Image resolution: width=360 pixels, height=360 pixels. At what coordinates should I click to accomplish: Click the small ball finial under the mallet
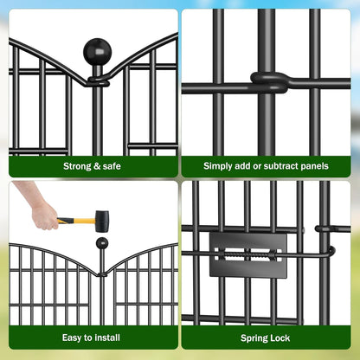(102, 243)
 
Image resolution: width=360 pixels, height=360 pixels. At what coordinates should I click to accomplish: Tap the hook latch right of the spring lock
(330, 254)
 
